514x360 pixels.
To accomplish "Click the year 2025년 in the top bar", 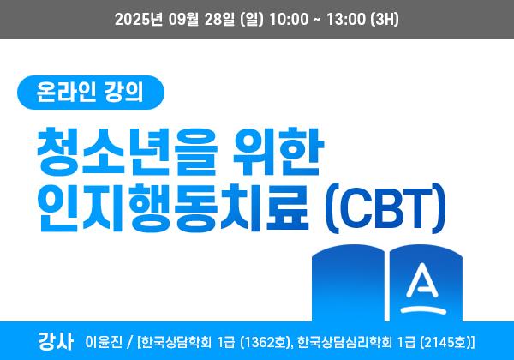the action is point(139,19).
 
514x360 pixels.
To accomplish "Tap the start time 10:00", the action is point(289,19).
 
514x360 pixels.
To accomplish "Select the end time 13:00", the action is point(345,19).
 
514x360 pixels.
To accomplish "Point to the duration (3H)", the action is point(385,19).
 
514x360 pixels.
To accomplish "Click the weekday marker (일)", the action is point(252,19).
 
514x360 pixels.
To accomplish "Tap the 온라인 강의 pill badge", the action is point(91,92).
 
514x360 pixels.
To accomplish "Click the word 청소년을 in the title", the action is point(127,152).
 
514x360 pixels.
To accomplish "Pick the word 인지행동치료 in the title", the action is point(173,207).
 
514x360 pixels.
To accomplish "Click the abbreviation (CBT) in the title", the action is point(385,208).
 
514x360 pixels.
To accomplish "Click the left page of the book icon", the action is point(348,283).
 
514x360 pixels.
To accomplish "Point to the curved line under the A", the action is point(423,309).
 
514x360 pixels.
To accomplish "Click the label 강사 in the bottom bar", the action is point(55,341).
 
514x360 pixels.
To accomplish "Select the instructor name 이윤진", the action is point(104,342).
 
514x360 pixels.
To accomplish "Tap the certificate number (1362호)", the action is point(266,342).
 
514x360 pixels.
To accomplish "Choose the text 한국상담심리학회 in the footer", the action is point(345,342).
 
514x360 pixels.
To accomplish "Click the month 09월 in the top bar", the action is point(184,19).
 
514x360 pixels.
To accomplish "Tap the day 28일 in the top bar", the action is point(219,19).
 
